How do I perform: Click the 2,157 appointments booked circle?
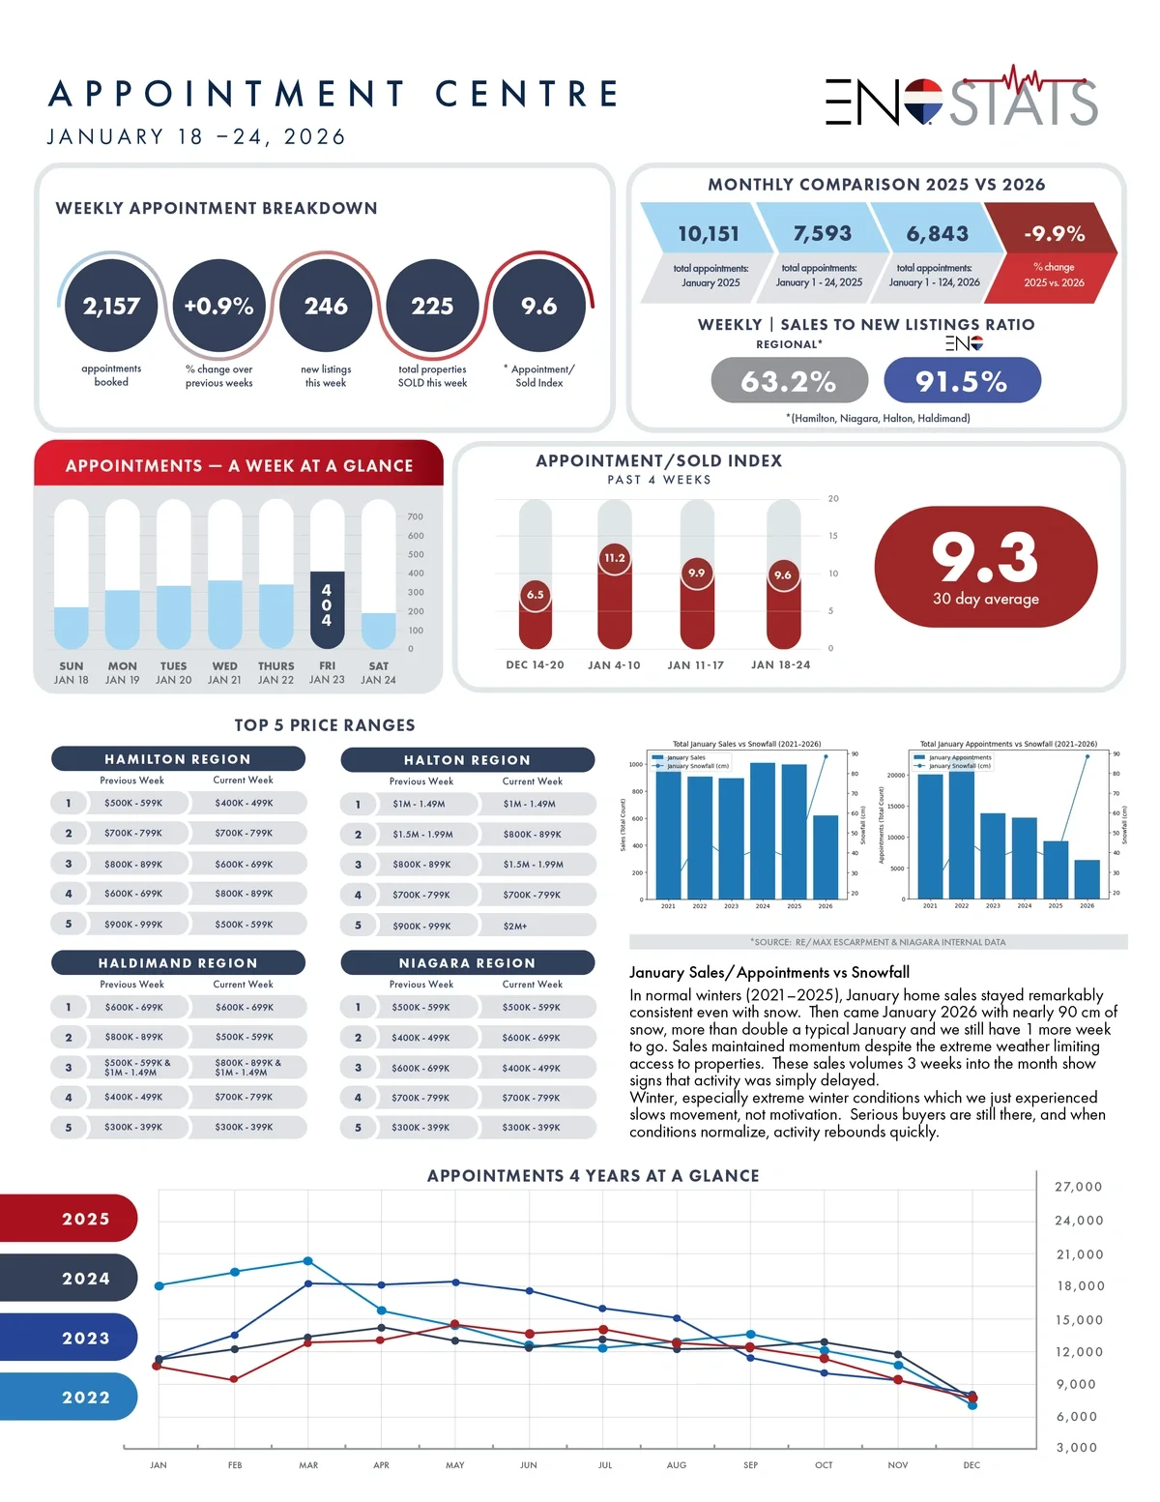(111, 306)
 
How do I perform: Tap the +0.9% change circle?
(218, 306)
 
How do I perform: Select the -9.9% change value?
(1054, 234)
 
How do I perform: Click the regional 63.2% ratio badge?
(789, 380)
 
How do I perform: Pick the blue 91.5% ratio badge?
(962, 380)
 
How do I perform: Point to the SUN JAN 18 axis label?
(71, 672)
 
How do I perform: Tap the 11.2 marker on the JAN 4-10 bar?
(615, 558)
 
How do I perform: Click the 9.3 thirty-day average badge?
(985, 568)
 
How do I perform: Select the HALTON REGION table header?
(467, 759)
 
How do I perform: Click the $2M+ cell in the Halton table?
(515, 926)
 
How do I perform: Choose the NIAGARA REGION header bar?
(467, 962)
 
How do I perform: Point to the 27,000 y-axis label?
(1078, 1187)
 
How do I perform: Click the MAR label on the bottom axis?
(308, 1464)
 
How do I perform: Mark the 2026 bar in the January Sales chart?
(826, 857)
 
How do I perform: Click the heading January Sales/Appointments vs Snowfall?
(769, 972)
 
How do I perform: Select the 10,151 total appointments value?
(709, 234)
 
